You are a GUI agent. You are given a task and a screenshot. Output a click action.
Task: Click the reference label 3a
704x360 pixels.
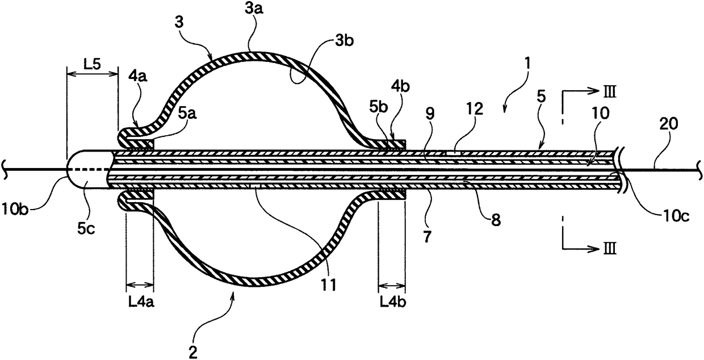(254, 9)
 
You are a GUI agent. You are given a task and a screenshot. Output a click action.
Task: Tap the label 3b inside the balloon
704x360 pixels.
(345, 41)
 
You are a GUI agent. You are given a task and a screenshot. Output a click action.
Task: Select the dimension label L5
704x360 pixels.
(92, 64)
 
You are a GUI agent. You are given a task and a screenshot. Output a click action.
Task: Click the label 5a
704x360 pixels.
(187, 113)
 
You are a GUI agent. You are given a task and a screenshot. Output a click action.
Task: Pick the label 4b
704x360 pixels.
(400, 86)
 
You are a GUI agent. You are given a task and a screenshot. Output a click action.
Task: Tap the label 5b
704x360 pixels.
(378, 107)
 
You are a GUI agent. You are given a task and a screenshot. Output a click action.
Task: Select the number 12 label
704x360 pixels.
(474, 109)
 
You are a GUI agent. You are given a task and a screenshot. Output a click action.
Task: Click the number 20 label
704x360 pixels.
(668, 124)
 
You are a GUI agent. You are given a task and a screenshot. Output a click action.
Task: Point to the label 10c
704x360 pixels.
(676, 216)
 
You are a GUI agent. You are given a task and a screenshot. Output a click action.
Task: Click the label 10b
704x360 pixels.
(15, 209)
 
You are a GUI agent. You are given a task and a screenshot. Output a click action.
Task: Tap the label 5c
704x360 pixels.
(86, 229)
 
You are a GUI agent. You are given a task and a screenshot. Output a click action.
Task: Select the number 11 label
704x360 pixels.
(328, 285)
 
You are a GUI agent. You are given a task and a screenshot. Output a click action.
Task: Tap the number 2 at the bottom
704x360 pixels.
(193, 353)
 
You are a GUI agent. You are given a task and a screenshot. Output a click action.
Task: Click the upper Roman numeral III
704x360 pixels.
(609, 93)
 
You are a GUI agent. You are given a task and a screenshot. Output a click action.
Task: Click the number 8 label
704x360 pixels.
(496, 220)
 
